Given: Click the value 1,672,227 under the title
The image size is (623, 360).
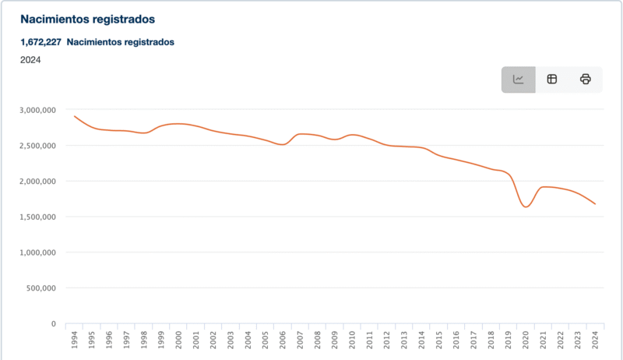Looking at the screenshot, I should tap(40, 42).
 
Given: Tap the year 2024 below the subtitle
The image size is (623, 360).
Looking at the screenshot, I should tap(30, 60).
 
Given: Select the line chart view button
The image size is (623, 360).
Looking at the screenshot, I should tap(519, 79).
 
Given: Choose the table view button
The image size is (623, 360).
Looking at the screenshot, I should tap(552, 79).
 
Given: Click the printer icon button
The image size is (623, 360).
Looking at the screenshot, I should tap(586, 79).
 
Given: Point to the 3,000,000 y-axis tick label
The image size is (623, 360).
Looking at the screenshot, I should tap(37, 110).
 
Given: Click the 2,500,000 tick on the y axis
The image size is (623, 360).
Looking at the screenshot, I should tap(37, 146).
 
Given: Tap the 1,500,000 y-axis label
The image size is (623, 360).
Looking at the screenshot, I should tap(37, 217).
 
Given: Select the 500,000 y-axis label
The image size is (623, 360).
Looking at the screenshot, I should tap(40, 288).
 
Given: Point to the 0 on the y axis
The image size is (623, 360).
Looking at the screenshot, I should tap(53, 324).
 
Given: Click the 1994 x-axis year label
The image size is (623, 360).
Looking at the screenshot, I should tap(75, 341).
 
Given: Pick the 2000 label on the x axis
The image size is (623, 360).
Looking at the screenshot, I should tap(179, 341).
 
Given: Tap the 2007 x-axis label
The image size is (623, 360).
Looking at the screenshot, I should tap(301, 341).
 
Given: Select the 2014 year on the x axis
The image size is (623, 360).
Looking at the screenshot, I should tap(422, 341).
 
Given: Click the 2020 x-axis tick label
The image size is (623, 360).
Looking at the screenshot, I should tap(526, 341).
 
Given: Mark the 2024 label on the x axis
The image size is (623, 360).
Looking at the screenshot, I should tap(596, 341).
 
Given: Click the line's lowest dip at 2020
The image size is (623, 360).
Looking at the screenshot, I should tap(526, 206).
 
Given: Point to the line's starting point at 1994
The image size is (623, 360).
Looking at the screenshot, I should tap(75, 116).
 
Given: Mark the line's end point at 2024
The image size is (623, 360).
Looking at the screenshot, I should tap(596, 204).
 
